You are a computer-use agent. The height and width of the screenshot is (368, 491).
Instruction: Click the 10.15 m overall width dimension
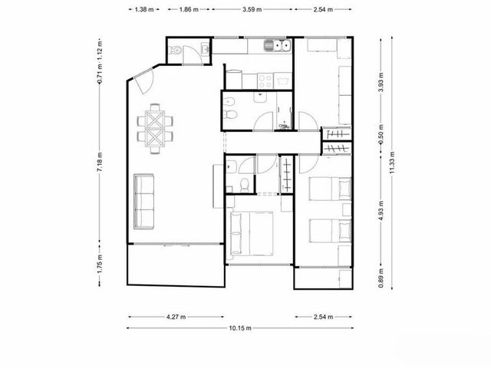[x=240, y=328]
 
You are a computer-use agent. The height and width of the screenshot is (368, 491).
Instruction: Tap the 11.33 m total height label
[x=392, y=163]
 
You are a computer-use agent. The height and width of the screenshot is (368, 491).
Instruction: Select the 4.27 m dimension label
[x=176, y=317]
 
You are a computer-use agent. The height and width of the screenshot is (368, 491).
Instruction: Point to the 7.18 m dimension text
[x=100, y=162]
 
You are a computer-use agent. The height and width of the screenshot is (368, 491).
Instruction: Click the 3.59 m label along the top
[x=252, y=9]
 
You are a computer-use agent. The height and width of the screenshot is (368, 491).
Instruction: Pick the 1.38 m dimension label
[x=144, y=9]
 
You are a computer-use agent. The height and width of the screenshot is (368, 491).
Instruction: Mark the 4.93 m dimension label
[x=381, y=211]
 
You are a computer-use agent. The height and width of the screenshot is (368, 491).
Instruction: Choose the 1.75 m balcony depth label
[x=100, y=264]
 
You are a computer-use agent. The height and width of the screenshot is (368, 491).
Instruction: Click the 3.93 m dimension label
[x=381, y=82]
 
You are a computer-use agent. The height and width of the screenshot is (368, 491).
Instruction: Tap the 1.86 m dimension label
[x=189, y=9]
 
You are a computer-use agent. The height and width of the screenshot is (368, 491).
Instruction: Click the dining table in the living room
[x=155, y=129]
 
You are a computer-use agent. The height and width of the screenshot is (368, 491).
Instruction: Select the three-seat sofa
[x=143, y=202]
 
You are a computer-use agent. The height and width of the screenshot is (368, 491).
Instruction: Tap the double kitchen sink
[x=277, y=46]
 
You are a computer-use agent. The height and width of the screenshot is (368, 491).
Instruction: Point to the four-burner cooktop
[x=265, y=80]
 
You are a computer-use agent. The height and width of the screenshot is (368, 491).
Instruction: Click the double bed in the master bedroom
[x=252, y=233]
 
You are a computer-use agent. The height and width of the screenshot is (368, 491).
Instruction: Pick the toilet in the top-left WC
[x=174, y=50]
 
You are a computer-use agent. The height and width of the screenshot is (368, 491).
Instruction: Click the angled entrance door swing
[x=145, y=82]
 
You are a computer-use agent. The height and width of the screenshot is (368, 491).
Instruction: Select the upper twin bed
[x=330, y=189]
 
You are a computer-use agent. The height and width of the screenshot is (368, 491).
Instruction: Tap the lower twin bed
[x=330, y=231]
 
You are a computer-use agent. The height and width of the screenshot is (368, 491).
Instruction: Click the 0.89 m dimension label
[x=381, y=278]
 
